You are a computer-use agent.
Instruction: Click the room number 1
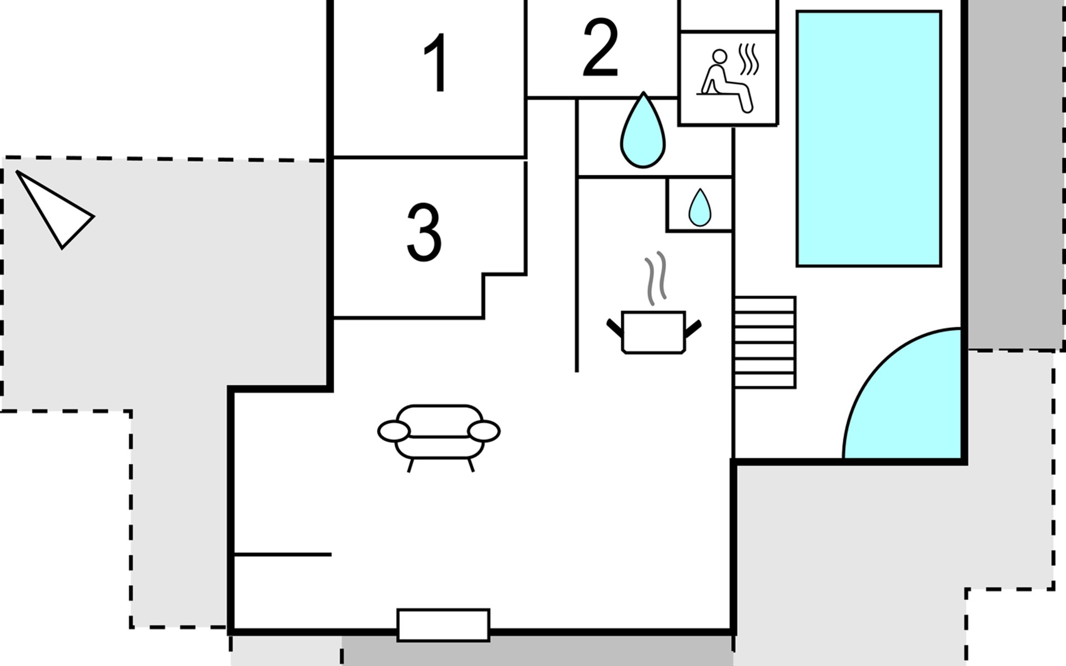point(437,63)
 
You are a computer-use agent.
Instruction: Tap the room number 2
point(601,48)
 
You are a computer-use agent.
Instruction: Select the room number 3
point(424,233)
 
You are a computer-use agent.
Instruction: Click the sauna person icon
point(725,81)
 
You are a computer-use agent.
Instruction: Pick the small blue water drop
point(700,208)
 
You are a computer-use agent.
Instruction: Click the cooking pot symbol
point(653,332)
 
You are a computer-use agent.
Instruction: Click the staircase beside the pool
point(765,342)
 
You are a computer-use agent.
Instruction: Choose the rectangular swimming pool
point(869,138)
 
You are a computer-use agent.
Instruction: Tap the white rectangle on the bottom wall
point(443,625)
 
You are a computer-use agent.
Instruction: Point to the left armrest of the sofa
point(394,431)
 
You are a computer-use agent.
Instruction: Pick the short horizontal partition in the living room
point(283,554)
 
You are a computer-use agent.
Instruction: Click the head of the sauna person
point(720,57)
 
